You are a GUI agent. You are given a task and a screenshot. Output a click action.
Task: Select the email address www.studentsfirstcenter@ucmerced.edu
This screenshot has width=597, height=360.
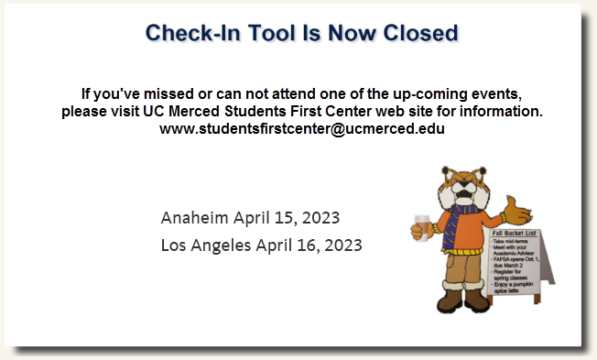pos(302,129)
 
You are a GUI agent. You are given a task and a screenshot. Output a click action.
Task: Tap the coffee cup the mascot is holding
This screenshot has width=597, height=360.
pos(421,225)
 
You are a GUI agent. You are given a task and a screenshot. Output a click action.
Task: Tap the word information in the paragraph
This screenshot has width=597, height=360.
pos(501,112)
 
